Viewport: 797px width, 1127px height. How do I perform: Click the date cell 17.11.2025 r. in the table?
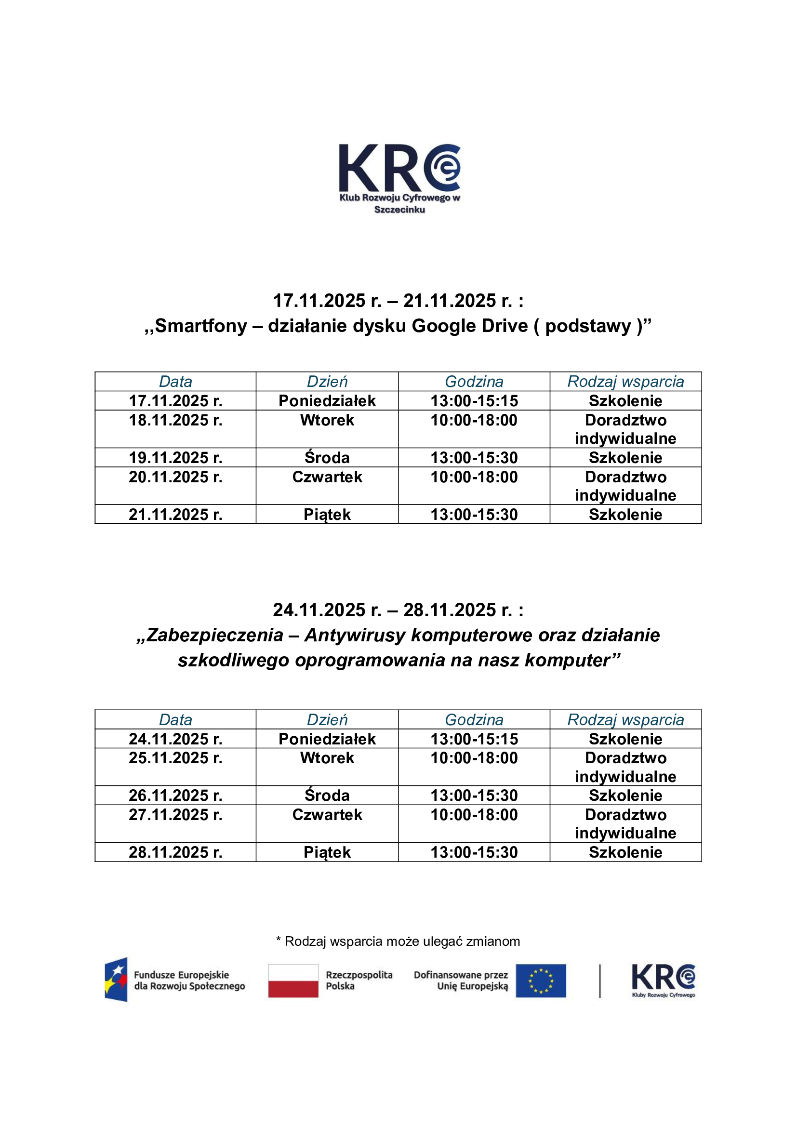point(175,400)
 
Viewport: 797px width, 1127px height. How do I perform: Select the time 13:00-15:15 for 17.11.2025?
point(474,400)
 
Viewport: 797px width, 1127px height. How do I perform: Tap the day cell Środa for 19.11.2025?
point(327,457)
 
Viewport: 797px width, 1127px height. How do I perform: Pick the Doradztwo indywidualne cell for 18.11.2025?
point(625,429)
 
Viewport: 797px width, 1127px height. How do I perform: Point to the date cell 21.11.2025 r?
point(175,515)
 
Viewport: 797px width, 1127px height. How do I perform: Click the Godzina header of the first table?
point(474,382)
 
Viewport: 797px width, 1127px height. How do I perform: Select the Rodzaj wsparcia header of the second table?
point(625,719)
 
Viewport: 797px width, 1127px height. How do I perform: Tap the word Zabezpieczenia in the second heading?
point(215,635)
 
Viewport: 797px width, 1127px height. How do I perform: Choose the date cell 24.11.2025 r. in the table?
point(175,739)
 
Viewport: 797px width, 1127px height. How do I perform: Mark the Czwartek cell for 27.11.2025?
point(327,815)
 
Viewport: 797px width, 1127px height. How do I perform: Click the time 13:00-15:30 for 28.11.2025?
point(474,852)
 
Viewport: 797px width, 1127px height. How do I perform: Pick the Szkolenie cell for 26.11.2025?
point(625,796)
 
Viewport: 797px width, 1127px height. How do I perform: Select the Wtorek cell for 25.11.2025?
point(327,758)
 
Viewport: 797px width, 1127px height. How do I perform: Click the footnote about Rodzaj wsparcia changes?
point(398,941)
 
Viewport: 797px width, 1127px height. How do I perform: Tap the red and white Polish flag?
point(293,981)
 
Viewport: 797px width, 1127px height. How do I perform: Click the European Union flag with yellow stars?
point(540,981)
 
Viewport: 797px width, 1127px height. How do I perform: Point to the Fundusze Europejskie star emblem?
point(116,980)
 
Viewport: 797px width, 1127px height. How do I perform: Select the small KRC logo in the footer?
point(663,979)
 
